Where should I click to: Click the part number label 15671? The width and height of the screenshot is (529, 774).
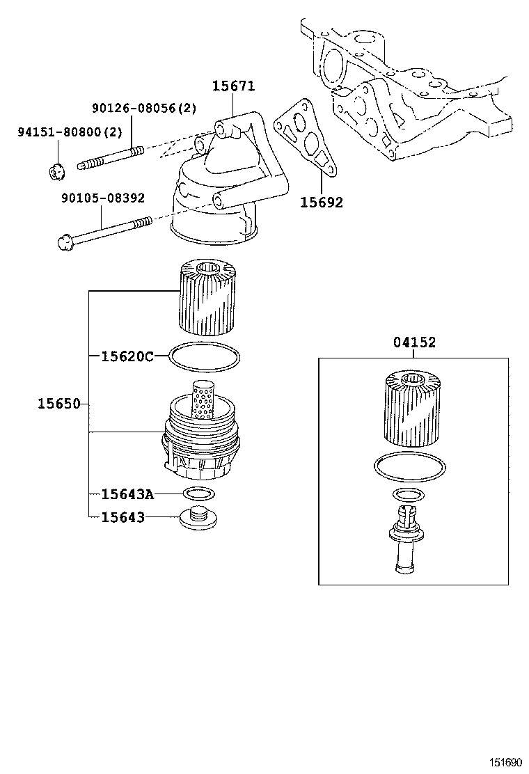(x=234, y=86)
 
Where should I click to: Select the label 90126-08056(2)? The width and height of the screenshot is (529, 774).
(x=144, y=108)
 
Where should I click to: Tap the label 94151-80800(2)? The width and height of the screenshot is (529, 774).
(x=70, y=132)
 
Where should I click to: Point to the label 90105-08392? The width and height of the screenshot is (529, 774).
(x=103, y=198)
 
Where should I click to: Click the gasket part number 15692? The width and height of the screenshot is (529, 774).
(x=322, y=203)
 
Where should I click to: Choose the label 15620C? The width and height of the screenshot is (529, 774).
(x=127, y=356)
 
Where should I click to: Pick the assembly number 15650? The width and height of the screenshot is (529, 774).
(x=59, y=404)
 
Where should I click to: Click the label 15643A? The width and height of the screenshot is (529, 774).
(x=128, y=493)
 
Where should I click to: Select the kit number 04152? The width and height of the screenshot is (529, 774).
(x=415, y=342)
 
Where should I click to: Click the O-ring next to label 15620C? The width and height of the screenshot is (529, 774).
(x=205, y=356)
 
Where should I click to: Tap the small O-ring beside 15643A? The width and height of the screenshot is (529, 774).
(x=199, y=493)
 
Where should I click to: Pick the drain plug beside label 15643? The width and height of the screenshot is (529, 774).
(x=199, y=518)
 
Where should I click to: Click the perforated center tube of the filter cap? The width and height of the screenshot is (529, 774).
(x=202, y=400)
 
